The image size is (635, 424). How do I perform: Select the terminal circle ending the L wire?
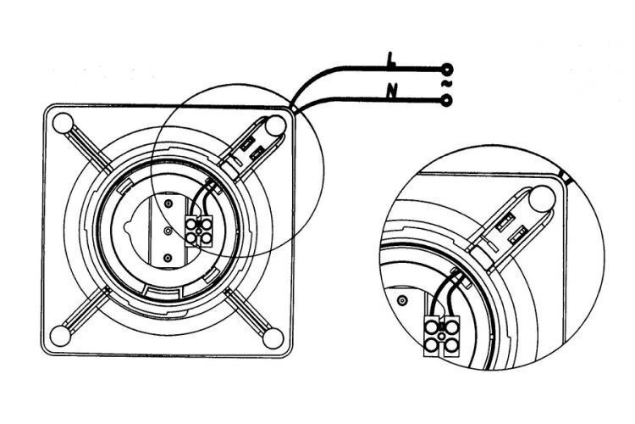pos(447,68)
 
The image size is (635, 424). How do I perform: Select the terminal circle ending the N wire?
pos(447,102)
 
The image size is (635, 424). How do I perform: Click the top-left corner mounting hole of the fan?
pos(63,124)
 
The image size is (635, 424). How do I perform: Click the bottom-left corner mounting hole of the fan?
pos(63,335)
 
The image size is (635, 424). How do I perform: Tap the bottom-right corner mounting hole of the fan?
pos(273,335)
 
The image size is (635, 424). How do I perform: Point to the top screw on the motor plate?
pos(169,204)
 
